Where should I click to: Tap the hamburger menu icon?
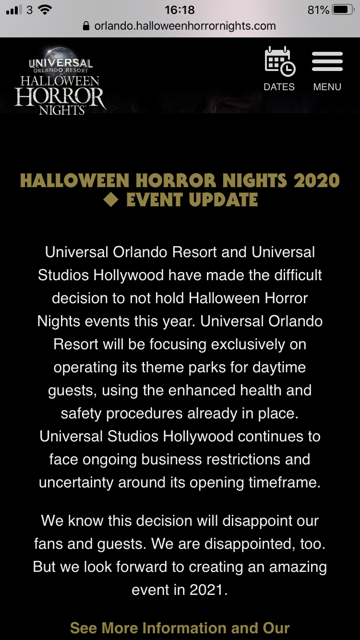click(x=327, y=61)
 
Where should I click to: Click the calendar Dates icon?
click(x=280, y=61)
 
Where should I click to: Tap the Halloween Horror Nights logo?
click(x=60, y=82)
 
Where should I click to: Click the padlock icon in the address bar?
click(x=86, y=26)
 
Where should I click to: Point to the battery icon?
click(x=343, y=10)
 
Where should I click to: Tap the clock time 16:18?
click(x=180, y=10)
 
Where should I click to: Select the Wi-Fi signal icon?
click(x=45, y=10)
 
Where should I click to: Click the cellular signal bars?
click(x=14, y=10)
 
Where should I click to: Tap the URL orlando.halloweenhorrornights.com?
click(x=185, y=26)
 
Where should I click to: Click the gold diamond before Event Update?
click(x=111, y=199)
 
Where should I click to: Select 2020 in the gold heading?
click(x=316, y=180)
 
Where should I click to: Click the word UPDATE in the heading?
click(x=223, y=200)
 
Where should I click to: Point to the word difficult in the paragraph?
click(x=298, y=275)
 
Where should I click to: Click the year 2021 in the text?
click(x=206, y=590)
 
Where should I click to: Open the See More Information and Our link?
click(x=180, y=628)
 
